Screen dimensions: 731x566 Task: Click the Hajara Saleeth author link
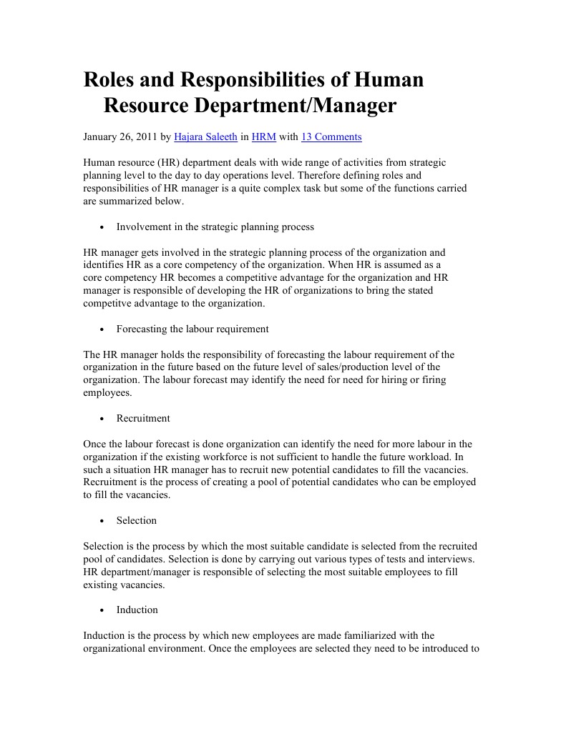(205, 136)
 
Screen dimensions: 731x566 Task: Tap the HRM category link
(264, 136)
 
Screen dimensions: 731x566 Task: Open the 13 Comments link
(331, 136)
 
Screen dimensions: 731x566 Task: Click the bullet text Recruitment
(143, 418)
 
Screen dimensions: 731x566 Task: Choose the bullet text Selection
(137, 520)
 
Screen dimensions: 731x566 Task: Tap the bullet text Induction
(137, 610)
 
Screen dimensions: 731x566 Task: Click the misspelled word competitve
(109, 303)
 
